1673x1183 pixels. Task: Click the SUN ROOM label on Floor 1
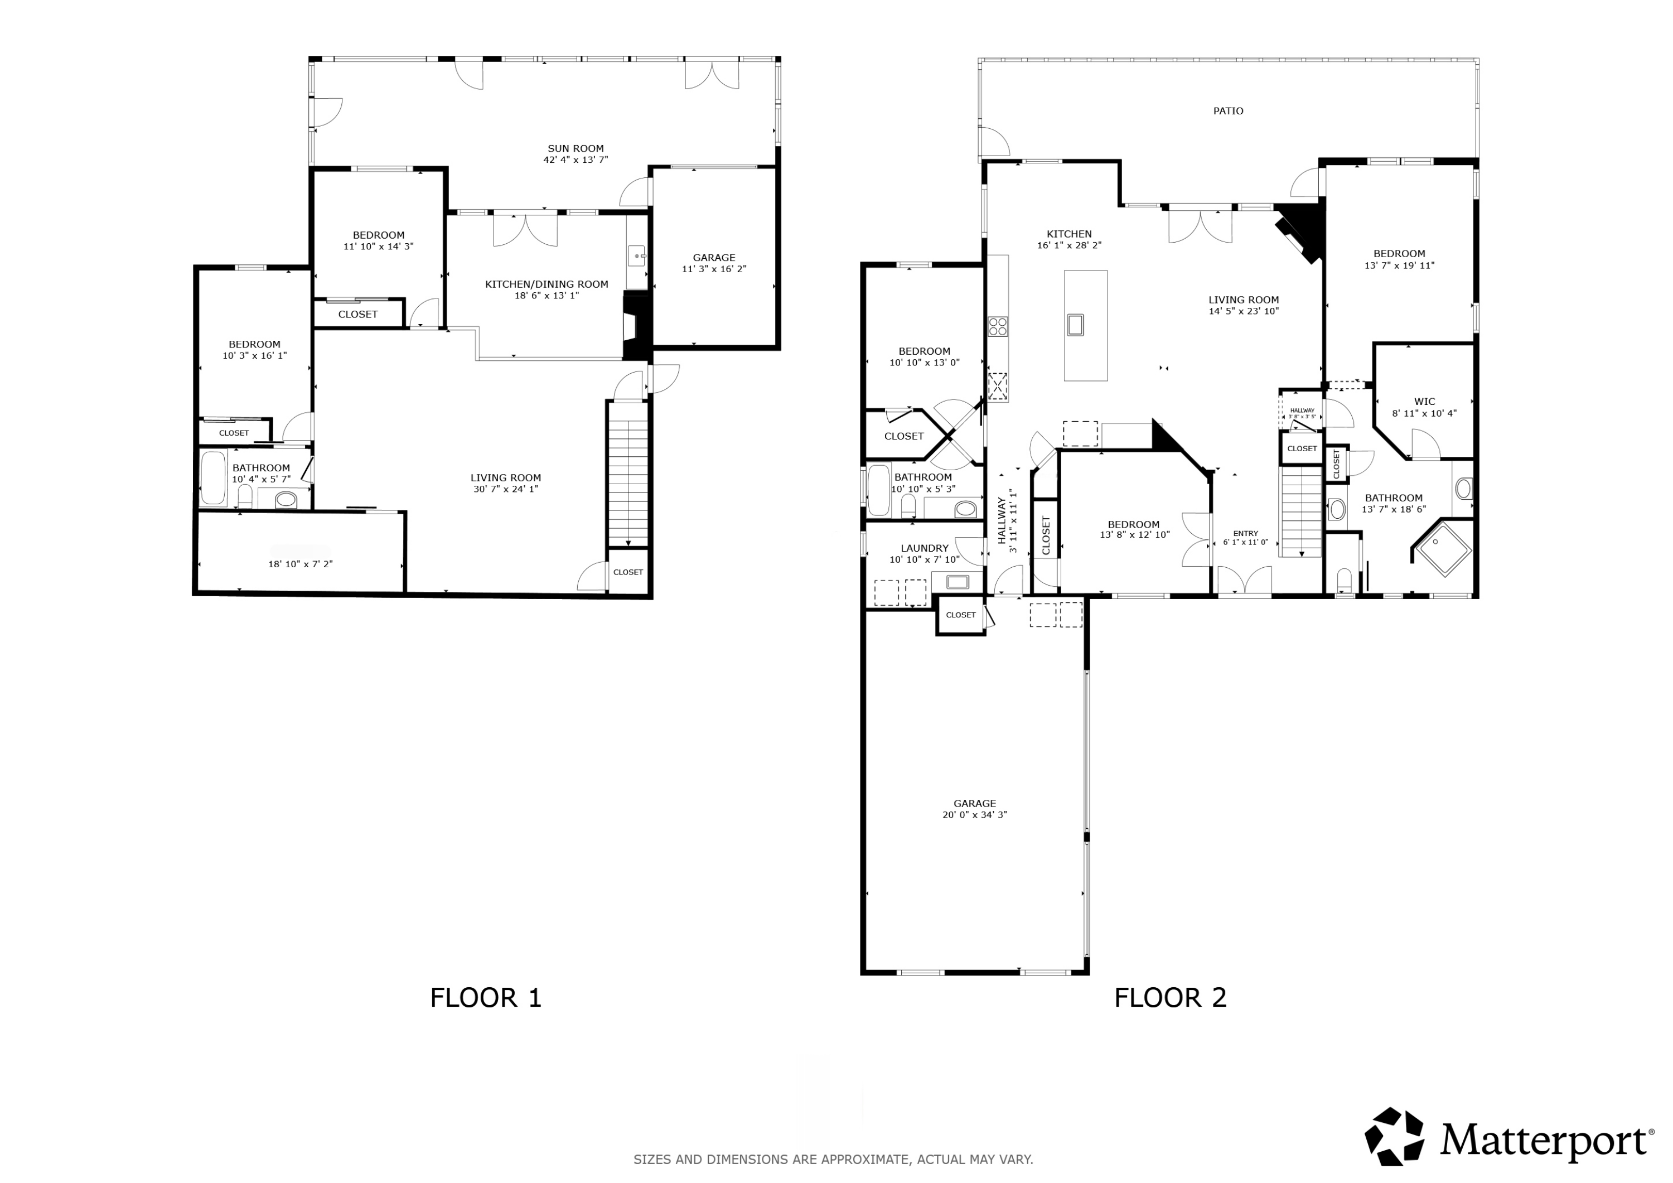coord(576,148)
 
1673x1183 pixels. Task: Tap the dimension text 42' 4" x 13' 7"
coord(576,160)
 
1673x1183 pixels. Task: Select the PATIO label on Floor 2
coord(1228,111)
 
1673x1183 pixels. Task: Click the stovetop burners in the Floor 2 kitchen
coord(998,326)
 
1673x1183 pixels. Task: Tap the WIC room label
coord(1424,402)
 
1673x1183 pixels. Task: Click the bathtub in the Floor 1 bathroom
coord(213,478)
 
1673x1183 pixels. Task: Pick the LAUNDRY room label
coord(924,548)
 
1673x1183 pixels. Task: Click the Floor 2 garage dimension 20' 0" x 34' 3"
coord(974,815)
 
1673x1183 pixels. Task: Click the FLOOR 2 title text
coord(1169,997)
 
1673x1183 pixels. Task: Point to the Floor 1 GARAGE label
coord(713,257)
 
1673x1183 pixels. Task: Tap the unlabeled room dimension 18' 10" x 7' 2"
coord(300,563)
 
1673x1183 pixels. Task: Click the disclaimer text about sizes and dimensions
coord(833,1159)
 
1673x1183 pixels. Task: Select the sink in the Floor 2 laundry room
coord(957,582)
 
